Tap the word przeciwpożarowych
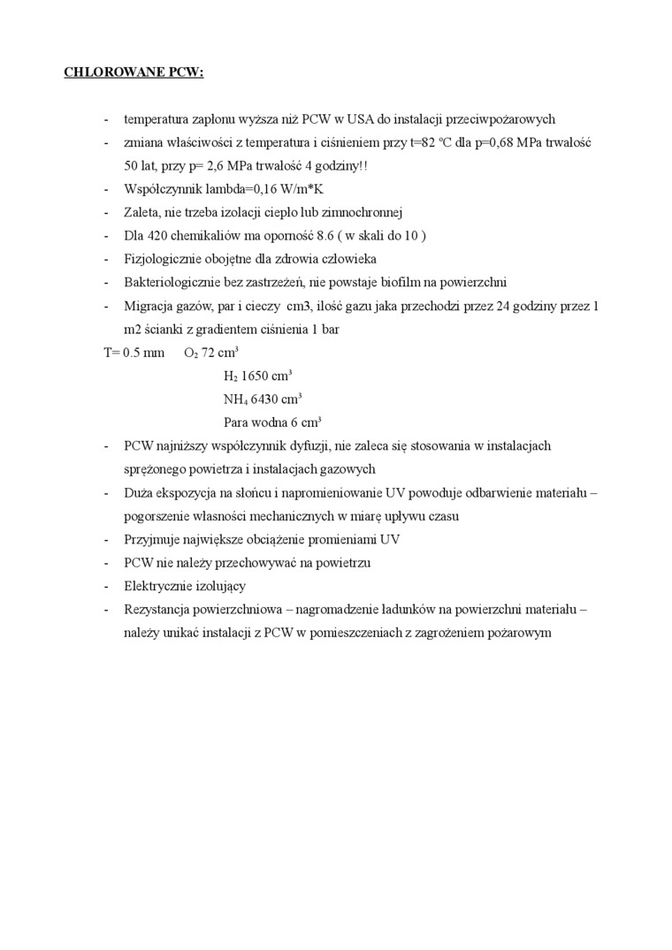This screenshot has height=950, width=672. pyautogui.click(x=501, y=119)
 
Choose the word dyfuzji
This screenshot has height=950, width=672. pyautogui.click(x=352, y=446)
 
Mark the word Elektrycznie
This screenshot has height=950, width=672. pyautogui.click(x=159, y=586)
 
